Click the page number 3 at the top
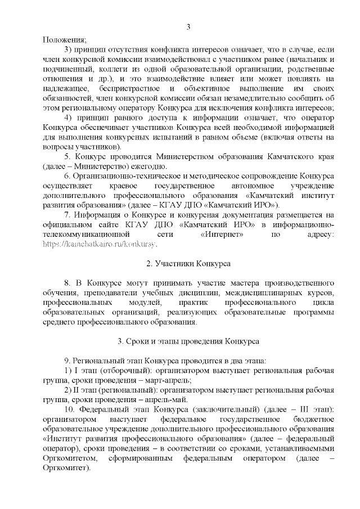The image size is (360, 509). click(188, 26)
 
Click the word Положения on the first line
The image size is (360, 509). click(64, 39)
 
